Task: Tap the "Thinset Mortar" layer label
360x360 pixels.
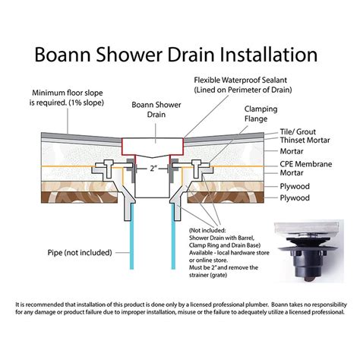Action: (303, 142)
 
